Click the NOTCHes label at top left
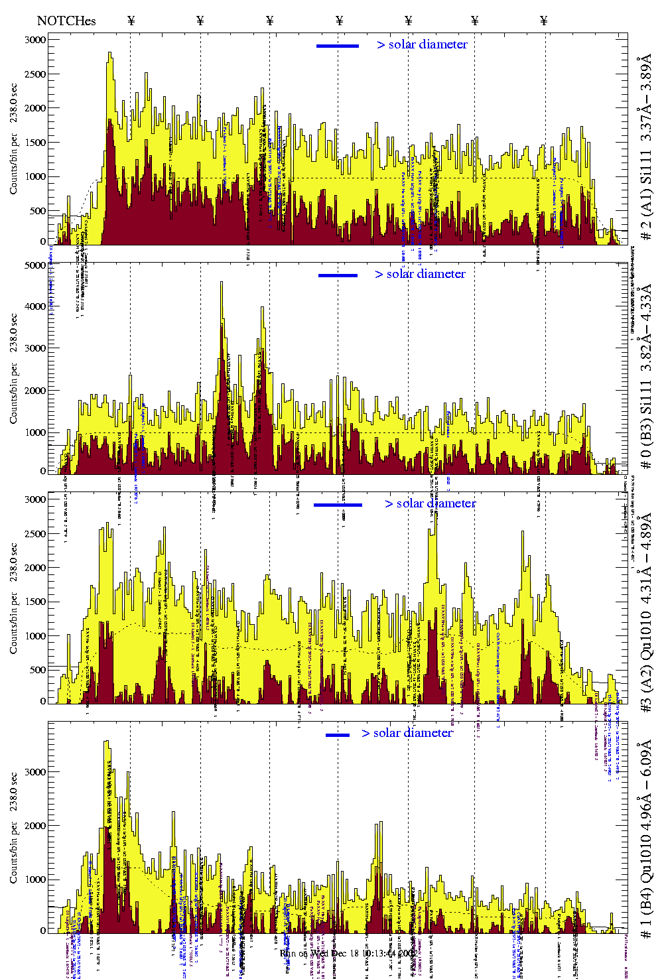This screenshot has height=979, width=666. tap(66, 21)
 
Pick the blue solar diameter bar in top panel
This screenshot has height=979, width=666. tap(338, 46)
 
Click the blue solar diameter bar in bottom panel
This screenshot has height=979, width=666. tap(338, 735)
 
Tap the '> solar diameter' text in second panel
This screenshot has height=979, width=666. tap(420, 274)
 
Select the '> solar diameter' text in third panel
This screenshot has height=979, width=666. tap(430, 503)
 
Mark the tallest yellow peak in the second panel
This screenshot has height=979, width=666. tap(222, 284)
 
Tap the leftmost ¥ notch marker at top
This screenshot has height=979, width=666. tap(131, 21)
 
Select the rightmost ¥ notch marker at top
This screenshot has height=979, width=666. tap(544, 21)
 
